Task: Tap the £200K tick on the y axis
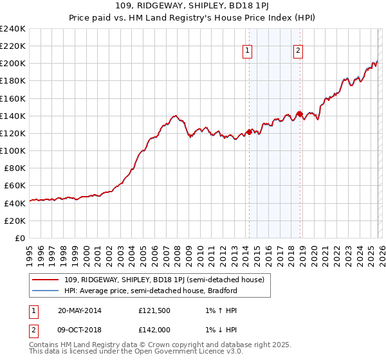[13, 64]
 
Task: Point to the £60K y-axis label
[14, 185]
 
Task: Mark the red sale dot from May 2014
[249, 132]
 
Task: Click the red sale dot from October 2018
[299, 114]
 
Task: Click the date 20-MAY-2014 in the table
[79, 310]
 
